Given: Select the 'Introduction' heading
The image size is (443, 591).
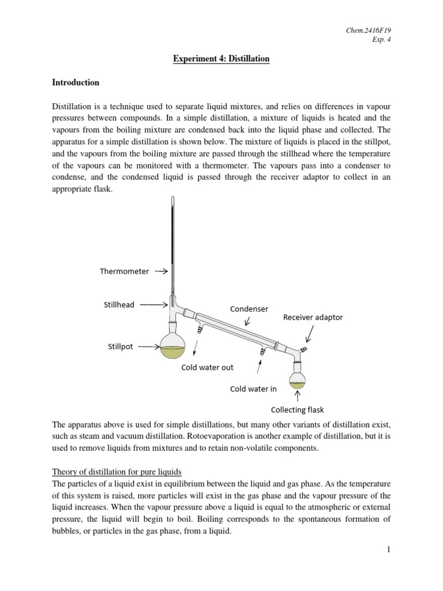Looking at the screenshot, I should click(76, 83).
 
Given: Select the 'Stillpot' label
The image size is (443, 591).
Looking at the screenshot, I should click(121, 347).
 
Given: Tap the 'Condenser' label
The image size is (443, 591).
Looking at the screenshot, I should click(249, 309).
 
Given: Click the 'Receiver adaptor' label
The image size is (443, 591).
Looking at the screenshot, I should click(313, 317).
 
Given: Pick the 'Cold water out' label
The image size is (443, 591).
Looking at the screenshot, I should click(208, 367).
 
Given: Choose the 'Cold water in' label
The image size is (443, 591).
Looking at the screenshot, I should click(253, 388).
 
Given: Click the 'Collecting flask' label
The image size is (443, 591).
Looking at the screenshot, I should click(297, 410).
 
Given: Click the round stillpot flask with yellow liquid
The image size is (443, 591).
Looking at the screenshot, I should click(172, 346).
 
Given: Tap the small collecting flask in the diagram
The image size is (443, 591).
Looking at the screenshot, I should click(297, 378).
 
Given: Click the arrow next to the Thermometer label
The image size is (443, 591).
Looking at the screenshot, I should click(161, 271).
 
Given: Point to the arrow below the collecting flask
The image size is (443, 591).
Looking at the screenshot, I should click(297, 395).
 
